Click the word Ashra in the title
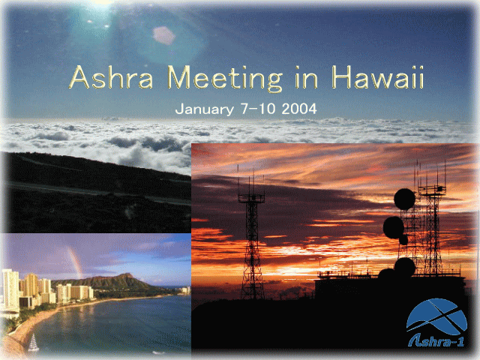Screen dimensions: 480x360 coord(111,77)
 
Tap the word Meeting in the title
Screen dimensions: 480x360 coord(225,79)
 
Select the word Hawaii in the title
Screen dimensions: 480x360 coord(378,77)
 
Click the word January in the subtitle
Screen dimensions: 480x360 coord(205,109)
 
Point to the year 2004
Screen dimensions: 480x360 coord(299,109)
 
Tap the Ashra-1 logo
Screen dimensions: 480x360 coord(436,322)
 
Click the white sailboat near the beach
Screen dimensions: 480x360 coord(33,343)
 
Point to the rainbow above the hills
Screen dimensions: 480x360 coord(76,262)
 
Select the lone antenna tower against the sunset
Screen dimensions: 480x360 coord(252,232)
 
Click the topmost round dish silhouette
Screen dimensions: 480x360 coord(404,199)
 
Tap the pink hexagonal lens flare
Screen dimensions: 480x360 coord(163,35)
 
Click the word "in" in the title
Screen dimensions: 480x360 coord(307,77)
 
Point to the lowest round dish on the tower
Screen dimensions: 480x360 coord(404,267)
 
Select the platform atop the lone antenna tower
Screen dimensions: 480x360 coord(252,198)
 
